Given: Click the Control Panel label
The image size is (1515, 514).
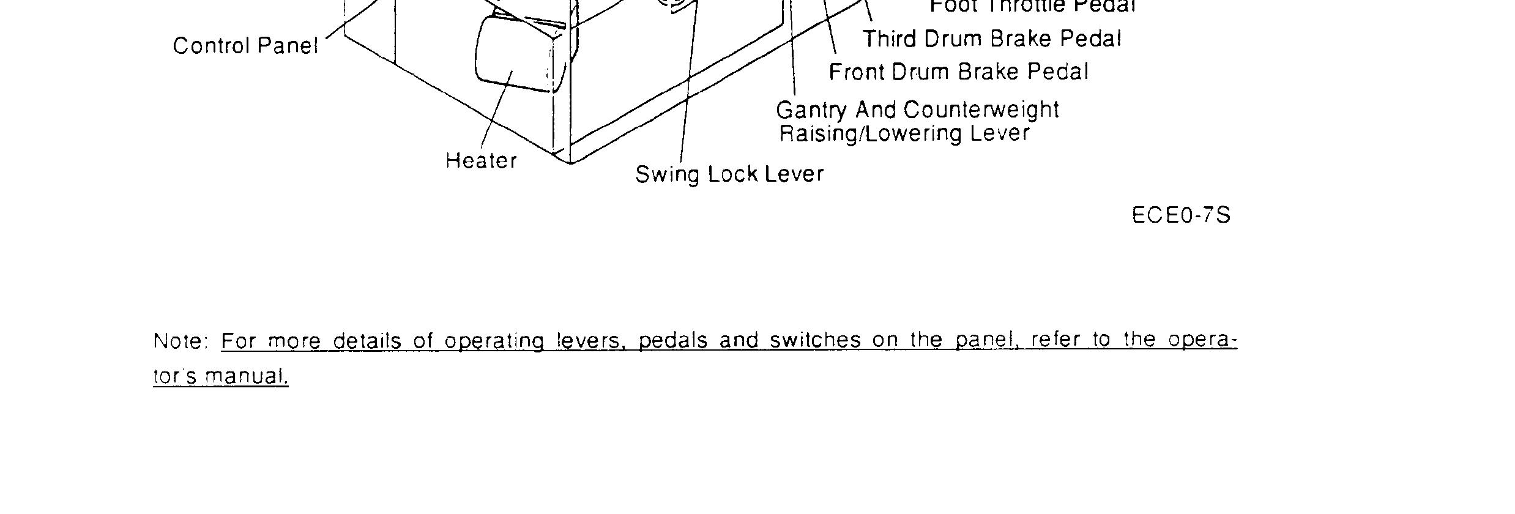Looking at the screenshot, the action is [245, 46].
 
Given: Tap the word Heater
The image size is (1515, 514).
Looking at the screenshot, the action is [481, 161].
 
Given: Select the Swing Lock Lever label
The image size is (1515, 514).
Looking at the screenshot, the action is [729, 174].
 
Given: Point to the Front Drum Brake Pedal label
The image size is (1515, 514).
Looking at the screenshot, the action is [958, 72].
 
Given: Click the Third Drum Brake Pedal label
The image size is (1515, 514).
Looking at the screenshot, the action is [992, 39].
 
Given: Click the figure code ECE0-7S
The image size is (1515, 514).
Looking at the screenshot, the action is [1181, 216].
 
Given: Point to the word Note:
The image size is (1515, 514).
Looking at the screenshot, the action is [182, 341].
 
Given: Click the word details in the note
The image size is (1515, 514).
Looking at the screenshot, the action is [367, 341].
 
